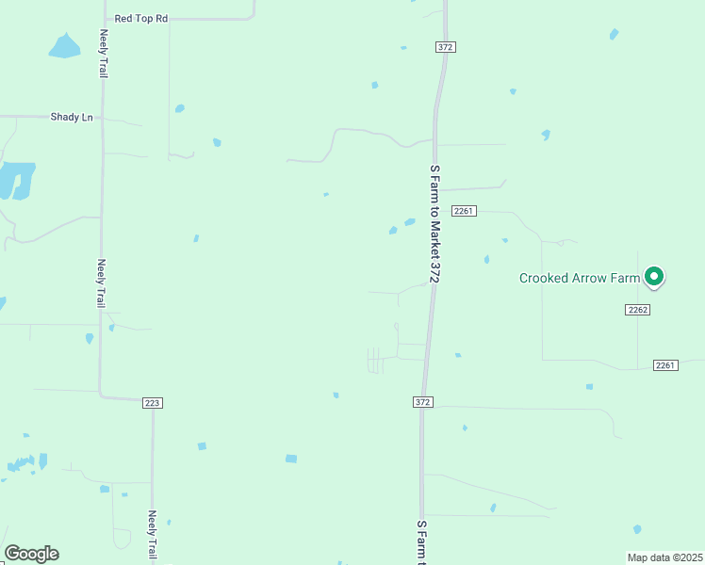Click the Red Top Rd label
(140, 18)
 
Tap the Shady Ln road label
(72, 117)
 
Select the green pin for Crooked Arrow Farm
(654, 277)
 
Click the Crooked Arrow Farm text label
(580, 278)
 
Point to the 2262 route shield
(638, 309)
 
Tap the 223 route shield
(153, 403)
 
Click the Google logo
(31, 554)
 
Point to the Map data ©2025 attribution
(665, 557)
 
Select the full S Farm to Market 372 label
(434, 222)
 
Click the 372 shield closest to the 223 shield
(422, 402)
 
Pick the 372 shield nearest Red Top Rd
(446, 47)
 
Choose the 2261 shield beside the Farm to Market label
(463, 211)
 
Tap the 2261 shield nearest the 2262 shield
(665, 365)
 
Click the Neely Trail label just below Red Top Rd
(104, 53)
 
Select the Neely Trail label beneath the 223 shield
(152, 534)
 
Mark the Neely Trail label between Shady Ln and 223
(102, 283)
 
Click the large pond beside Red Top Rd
(64, 45)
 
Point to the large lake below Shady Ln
(17, 179)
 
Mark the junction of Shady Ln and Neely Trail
(103, 118)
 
